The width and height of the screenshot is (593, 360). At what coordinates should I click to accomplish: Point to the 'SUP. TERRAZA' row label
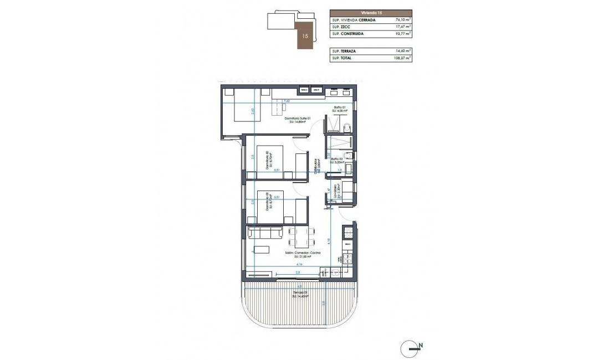344,50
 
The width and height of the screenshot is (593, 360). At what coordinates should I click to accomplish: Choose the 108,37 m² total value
400,58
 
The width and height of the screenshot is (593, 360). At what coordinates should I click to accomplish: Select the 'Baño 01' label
340,107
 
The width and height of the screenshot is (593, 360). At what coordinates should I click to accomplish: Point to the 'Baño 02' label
338,160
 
